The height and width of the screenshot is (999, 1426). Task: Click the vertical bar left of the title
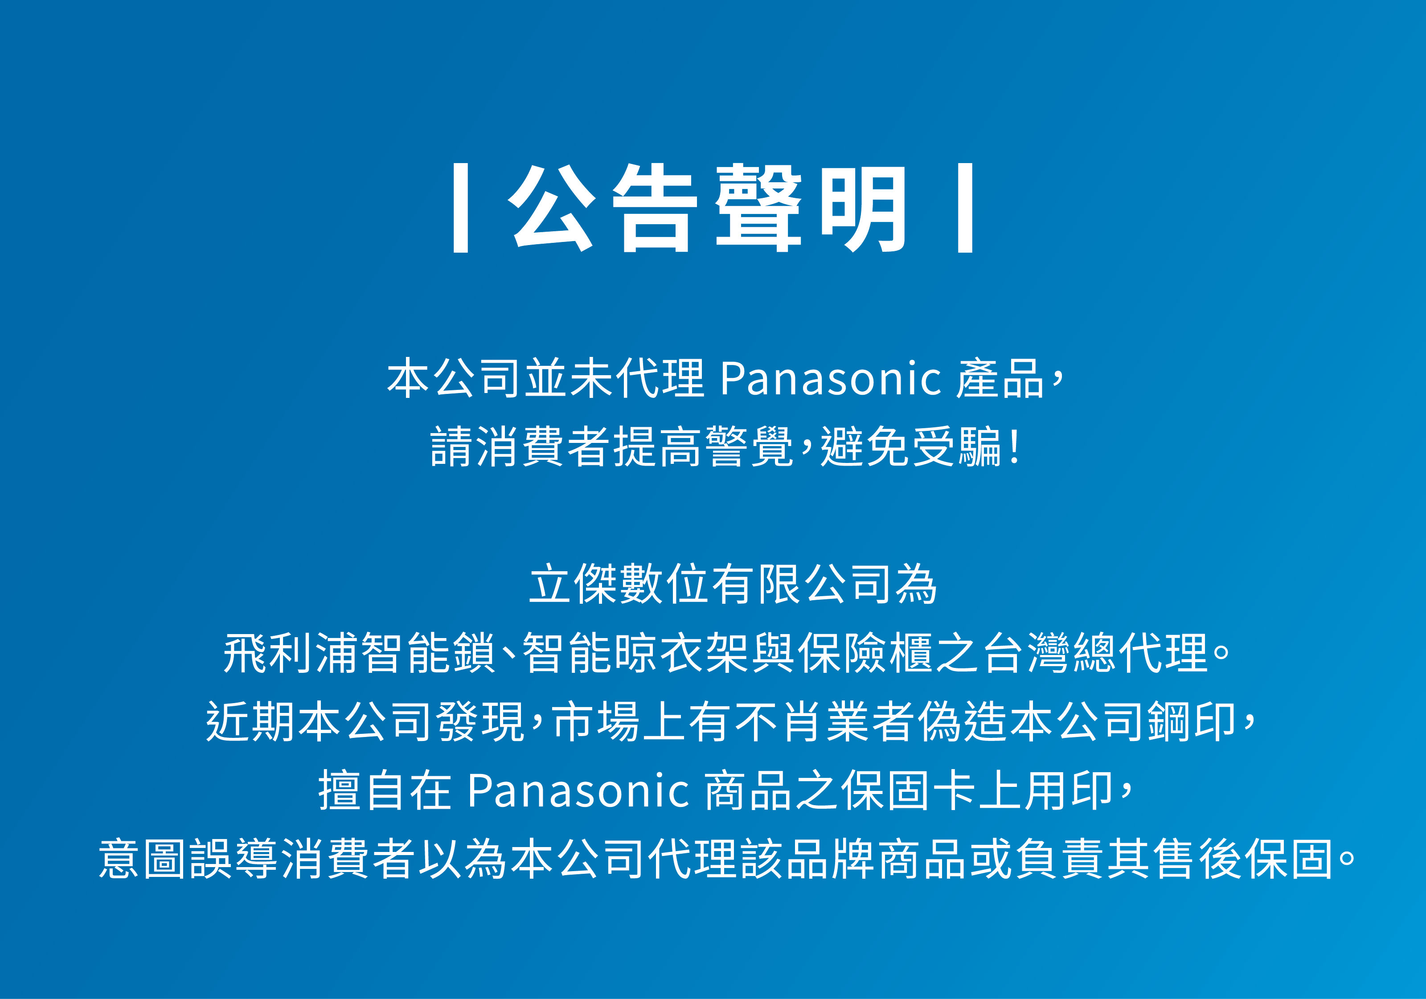[460, 208]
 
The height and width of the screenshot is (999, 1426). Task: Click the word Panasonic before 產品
[830, 379]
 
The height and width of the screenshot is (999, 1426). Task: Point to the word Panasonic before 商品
[578, 791]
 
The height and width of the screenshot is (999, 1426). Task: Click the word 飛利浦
[291, 653]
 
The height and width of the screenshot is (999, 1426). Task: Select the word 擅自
[363, 791]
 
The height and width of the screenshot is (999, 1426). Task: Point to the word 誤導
[234, 859]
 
